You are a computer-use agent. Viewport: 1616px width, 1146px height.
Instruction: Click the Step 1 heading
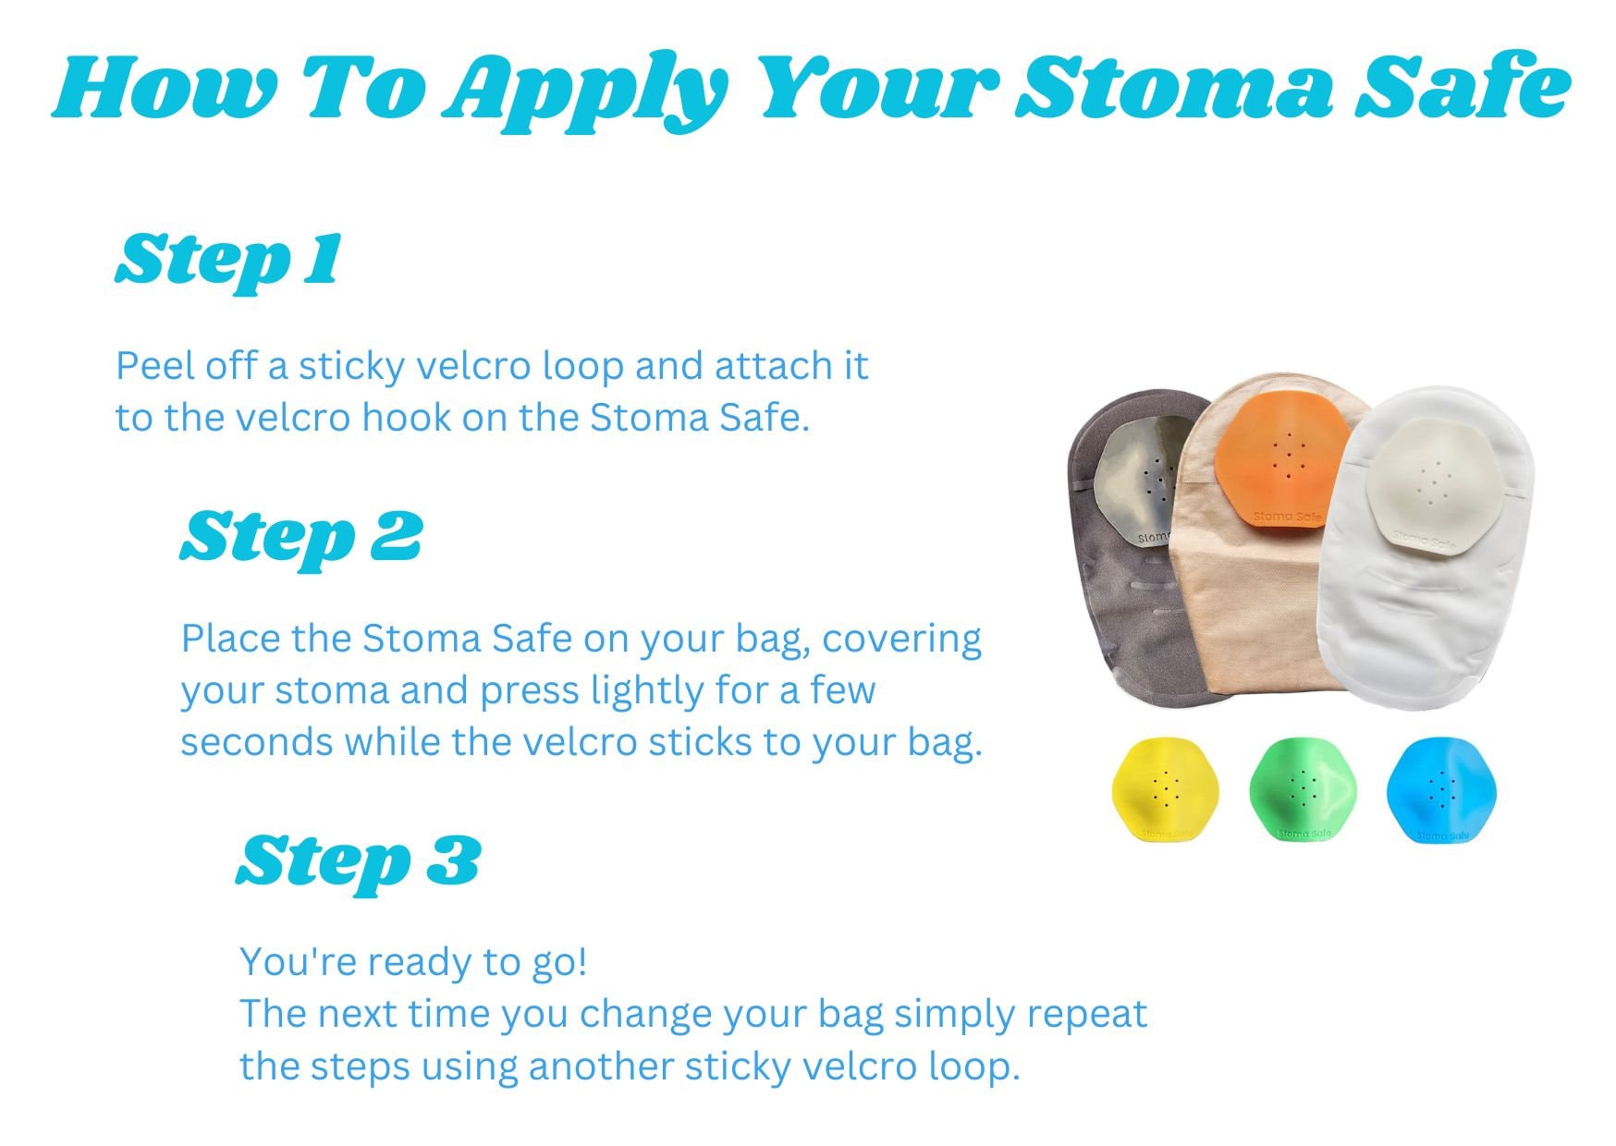click(x=228, y=261)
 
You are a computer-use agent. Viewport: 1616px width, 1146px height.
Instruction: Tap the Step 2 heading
click(x=300, y=538)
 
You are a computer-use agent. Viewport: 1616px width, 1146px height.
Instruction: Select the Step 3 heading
click(x=358, y=861)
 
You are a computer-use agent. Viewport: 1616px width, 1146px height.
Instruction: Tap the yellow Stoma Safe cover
click(x=1165, y=788)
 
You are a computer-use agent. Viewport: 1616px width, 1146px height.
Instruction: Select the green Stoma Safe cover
click(x=1302, y=789)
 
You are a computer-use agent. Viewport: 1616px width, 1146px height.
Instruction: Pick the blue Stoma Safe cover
click(x=1440, y=789)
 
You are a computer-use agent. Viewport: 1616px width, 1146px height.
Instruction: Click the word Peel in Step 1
click(x=153, y=367)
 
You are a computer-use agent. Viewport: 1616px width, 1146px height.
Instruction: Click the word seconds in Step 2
click(x=256, y=742)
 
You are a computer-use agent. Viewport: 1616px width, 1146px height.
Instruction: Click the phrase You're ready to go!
click(x=413, y=962)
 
